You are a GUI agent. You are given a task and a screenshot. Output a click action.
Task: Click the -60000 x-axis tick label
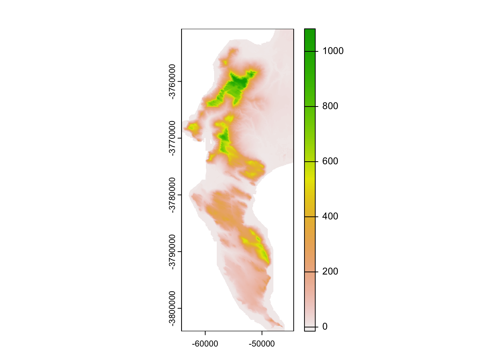pos(205,344)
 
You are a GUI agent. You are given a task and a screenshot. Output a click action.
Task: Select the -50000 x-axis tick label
pos(261,344)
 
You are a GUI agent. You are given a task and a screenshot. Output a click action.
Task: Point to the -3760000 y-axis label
pos(172,81)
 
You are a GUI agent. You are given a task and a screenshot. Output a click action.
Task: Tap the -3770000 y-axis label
pos(172,138)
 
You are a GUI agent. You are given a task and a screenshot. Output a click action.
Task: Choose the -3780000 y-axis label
pos(172,195)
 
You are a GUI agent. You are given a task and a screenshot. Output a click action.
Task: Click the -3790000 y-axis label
pos(172,252)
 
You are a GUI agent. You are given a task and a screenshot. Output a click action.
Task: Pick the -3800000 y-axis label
pos(172,308)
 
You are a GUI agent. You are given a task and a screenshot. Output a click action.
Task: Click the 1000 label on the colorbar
pos(333,51)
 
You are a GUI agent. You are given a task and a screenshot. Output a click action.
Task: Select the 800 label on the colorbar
pos(330,106)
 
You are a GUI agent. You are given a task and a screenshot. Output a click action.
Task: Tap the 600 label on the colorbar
pos(330,161)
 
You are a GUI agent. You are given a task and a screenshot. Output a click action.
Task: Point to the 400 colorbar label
pos(330,216)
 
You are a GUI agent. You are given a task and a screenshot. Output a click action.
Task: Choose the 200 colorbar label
pos(330,271)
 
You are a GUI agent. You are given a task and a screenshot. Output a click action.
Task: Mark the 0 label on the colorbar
pos(325,327)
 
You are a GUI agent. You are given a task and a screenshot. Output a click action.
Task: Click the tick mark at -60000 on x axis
pos(205,333)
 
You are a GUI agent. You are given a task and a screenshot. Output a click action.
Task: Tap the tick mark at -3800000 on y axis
pos(179,308)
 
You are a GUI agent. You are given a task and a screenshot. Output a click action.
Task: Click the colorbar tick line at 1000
pos(310,51)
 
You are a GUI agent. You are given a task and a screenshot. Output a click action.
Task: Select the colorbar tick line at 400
pos(310,217)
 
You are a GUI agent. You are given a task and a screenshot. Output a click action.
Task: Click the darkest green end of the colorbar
pos(310,32)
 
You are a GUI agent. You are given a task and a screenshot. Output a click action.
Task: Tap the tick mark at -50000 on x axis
pos(262,333)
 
